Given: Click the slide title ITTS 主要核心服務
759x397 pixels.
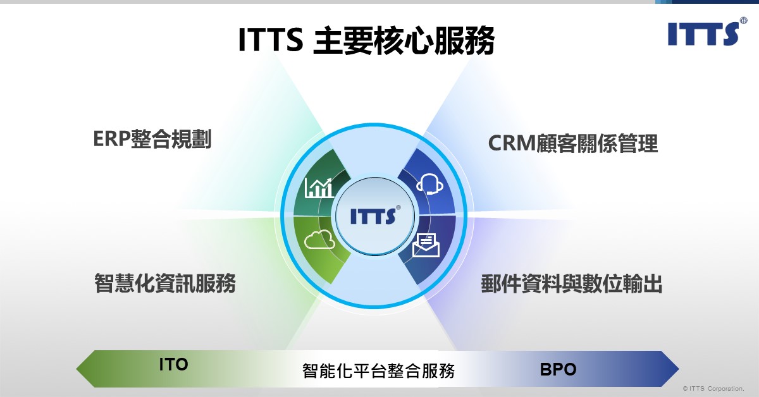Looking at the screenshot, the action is (366, 40).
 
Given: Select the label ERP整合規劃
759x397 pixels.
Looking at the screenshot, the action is (152, 139).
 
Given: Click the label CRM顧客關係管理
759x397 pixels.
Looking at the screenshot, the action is (573, 144).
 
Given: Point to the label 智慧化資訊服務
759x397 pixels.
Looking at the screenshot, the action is (164, 283).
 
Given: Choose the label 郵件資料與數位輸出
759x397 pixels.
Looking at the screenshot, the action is (572, 284).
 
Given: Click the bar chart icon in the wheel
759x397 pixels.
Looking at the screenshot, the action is (319, 187).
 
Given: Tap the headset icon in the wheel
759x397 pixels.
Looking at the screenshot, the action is (429, 184).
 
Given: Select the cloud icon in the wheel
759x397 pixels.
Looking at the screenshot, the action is (319, 240).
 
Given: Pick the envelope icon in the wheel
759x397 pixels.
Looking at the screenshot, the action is (426, 245).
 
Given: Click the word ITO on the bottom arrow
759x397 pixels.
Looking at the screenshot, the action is (173, 365).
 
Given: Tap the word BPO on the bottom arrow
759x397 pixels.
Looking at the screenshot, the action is (558, 369).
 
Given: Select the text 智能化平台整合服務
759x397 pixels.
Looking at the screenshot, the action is (378, 370).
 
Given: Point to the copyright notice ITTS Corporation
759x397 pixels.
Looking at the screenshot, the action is (713, 389).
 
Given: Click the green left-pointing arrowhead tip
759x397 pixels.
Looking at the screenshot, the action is (77, 369).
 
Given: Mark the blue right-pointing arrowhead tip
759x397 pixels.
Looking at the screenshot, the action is (679, 369).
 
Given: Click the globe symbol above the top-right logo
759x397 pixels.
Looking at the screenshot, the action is (743, 20).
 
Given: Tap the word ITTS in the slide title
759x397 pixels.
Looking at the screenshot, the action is (271, 40).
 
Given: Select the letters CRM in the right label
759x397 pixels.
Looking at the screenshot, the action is (512, 144).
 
